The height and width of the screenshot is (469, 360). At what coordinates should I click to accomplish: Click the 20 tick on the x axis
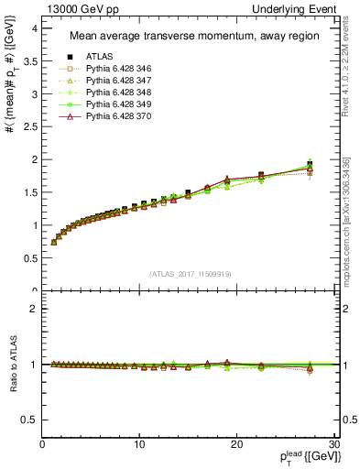tap(235, 444)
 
